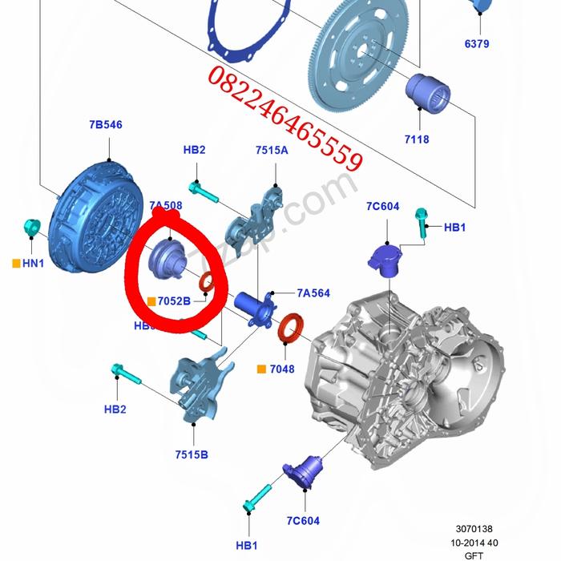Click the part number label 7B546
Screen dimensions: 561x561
point(106,125)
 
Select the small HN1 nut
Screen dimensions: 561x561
point(31,227)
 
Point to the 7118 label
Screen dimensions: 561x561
point(417,139)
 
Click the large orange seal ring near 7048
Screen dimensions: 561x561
point(291,329)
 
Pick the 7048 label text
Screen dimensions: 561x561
point(281,369)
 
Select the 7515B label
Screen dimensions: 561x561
point(192,455)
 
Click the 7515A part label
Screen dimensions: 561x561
point(272,150)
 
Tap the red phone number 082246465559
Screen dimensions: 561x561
point(285,118)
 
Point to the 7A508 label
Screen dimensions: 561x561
point(165,205)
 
